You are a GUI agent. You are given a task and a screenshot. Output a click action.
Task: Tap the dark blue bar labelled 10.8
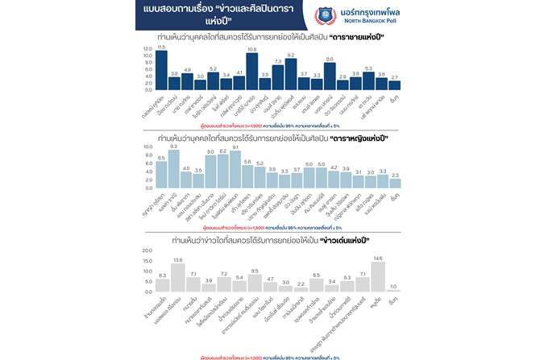[251, 71]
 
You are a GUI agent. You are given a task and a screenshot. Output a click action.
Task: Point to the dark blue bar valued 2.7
[394, 85]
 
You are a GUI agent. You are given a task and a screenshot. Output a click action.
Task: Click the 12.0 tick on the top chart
[147, 49]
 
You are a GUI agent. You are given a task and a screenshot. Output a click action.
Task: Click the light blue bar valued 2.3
[394, 184]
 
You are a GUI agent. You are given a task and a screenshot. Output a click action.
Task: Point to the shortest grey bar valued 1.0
[394, 291]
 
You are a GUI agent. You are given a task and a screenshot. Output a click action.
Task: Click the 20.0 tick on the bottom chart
[146, 250]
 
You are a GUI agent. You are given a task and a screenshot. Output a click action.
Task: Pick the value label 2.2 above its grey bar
[301, 283]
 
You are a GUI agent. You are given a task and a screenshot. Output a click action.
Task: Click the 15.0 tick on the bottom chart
[146, 260]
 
